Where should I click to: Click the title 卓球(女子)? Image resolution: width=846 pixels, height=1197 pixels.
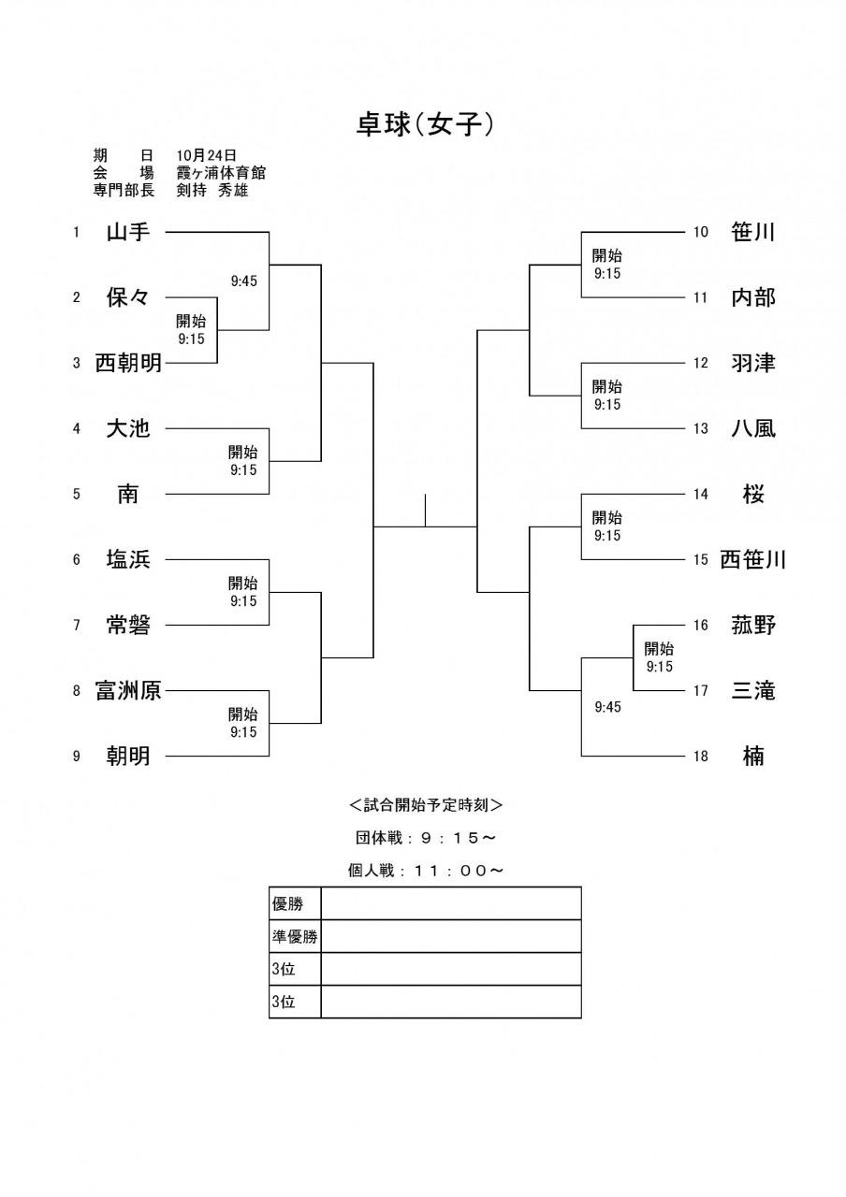tap(425, 124)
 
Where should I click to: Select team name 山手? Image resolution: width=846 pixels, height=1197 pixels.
tap(128, 232)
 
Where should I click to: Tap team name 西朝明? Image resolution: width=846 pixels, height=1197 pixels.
tap(128, 363)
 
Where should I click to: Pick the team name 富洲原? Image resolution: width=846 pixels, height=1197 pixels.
tap(128, 690)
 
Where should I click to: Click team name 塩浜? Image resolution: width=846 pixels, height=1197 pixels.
tap(128, 559)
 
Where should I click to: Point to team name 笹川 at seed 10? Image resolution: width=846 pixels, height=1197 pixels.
tap(753, 232)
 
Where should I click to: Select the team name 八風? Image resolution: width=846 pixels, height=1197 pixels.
tap(753, 428)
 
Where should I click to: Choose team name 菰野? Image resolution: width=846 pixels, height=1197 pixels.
tap(753, 625)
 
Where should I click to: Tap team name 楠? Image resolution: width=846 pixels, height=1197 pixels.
tap(753, 756)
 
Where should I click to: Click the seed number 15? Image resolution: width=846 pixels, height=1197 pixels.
tap(701, 559)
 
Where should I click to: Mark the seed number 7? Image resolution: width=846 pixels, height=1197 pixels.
tap(77, 625)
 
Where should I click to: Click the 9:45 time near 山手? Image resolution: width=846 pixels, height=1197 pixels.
tap(244, 281)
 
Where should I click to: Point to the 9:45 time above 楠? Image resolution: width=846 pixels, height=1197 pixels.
tap(608, 707)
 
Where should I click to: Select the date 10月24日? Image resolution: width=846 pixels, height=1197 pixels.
tap(207, 155)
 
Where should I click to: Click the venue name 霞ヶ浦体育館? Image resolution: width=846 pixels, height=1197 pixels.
tap(221, 173)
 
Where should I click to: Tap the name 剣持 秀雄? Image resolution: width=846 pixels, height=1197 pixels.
tap(212, 190)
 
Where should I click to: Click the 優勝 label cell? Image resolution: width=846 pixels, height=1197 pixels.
tap(295, 903)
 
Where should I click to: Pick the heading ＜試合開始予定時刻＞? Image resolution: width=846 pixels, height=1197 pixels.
tap(426, 805)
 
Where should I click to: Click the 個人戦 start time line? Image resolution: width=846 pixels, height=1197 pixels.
tap(426, 871)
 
